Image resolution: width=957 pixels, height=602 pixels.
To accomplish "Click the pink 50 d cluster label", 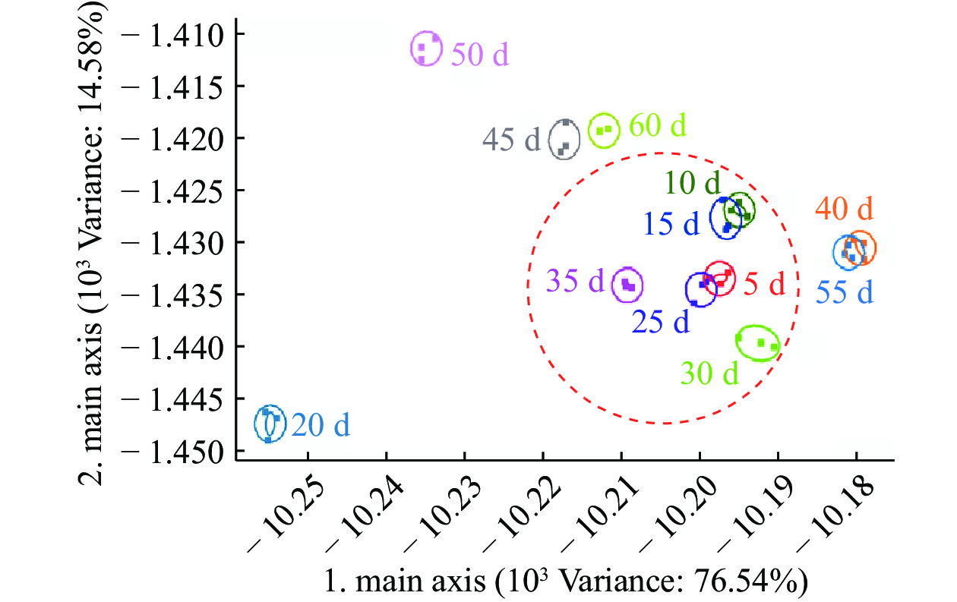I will pyautogui.click(x=478, y=54).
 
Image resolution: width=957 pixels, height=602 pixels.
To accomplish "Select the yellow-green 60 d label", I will pyautogui.click(x=657, y=124).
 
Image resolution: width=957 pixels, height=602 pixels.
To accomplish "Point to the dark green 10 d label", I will pyautogui.click(x=692, y=182).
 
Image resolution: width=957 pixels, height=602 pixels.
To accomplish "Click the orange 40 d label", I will pyautogui.click(x=845, y=207).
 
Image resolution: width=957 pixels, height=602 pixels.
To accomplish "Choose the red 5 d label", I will pyautogui.click(x=763, y=285).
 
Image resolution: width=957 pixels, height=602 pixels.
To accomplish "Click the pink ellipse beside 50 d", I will pyautogui.click(x=426, y=49).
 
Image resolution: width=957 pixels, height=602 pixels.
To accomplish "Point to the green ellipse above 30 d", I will pyautogui.click(x=757, y=342).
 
